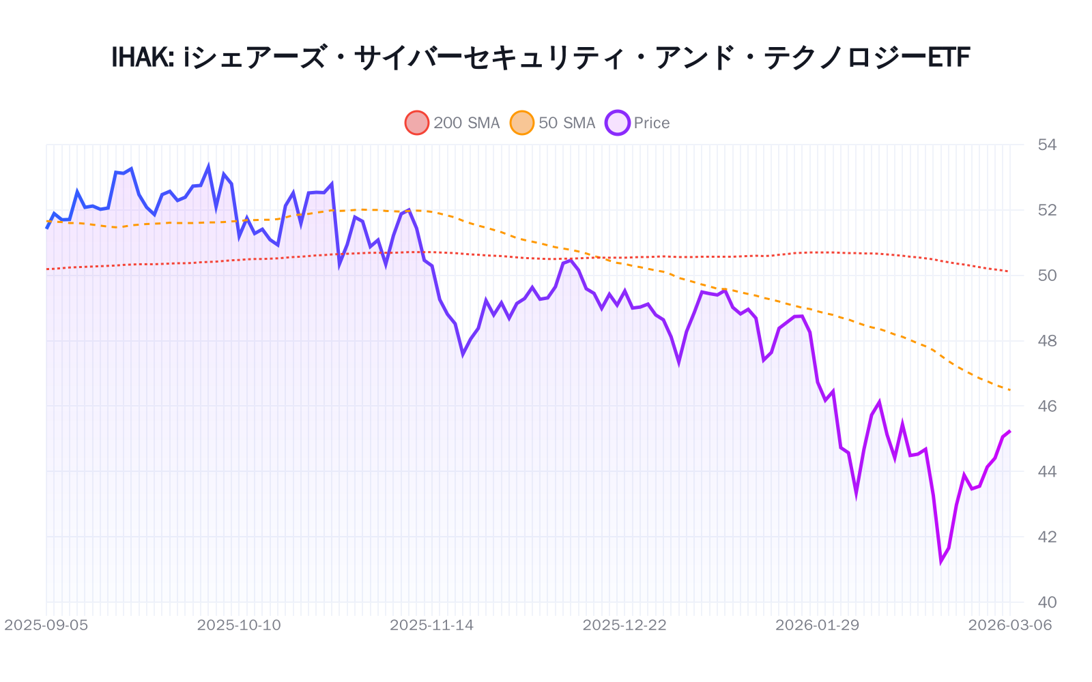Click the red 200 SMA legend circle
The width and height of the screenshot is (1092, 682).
[417, 123]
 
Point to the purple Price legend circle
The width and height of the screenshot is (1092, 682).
[618, 123]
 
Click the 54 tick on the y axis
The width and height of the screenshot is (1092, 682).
[1046, 145]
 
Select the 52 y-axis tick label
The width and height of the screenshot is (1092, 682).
[1046, 210]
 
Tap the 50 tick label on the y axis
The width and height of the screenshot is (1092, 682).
[1046, 276]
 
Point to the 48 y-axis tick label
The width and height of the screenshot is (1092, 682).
[1046, 341]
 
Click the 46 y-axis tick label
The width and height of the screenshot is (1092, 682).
[1046, 406]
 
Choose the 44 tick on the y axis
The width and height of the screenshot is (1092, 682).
[1046, 472]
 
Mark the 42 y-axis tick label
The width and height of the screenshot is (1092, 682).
[1046, 537]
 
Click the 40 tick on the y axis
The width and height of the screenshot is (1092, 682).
[1046, 602]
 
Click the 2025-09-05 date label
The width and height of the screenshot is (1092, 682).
[46, 625]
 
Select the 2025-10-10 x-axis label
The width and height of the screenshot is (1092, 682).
[239, 625]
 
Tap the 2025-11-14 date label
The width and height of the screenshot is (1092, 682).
[431, 625]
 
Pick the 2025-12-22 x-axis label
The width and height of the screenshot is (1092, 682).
[624, 625]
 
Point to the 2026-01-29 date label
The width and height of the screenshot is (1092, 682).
[817, 625]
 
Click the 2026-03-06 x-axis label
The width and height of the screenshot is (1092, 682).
[1010, 625]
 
